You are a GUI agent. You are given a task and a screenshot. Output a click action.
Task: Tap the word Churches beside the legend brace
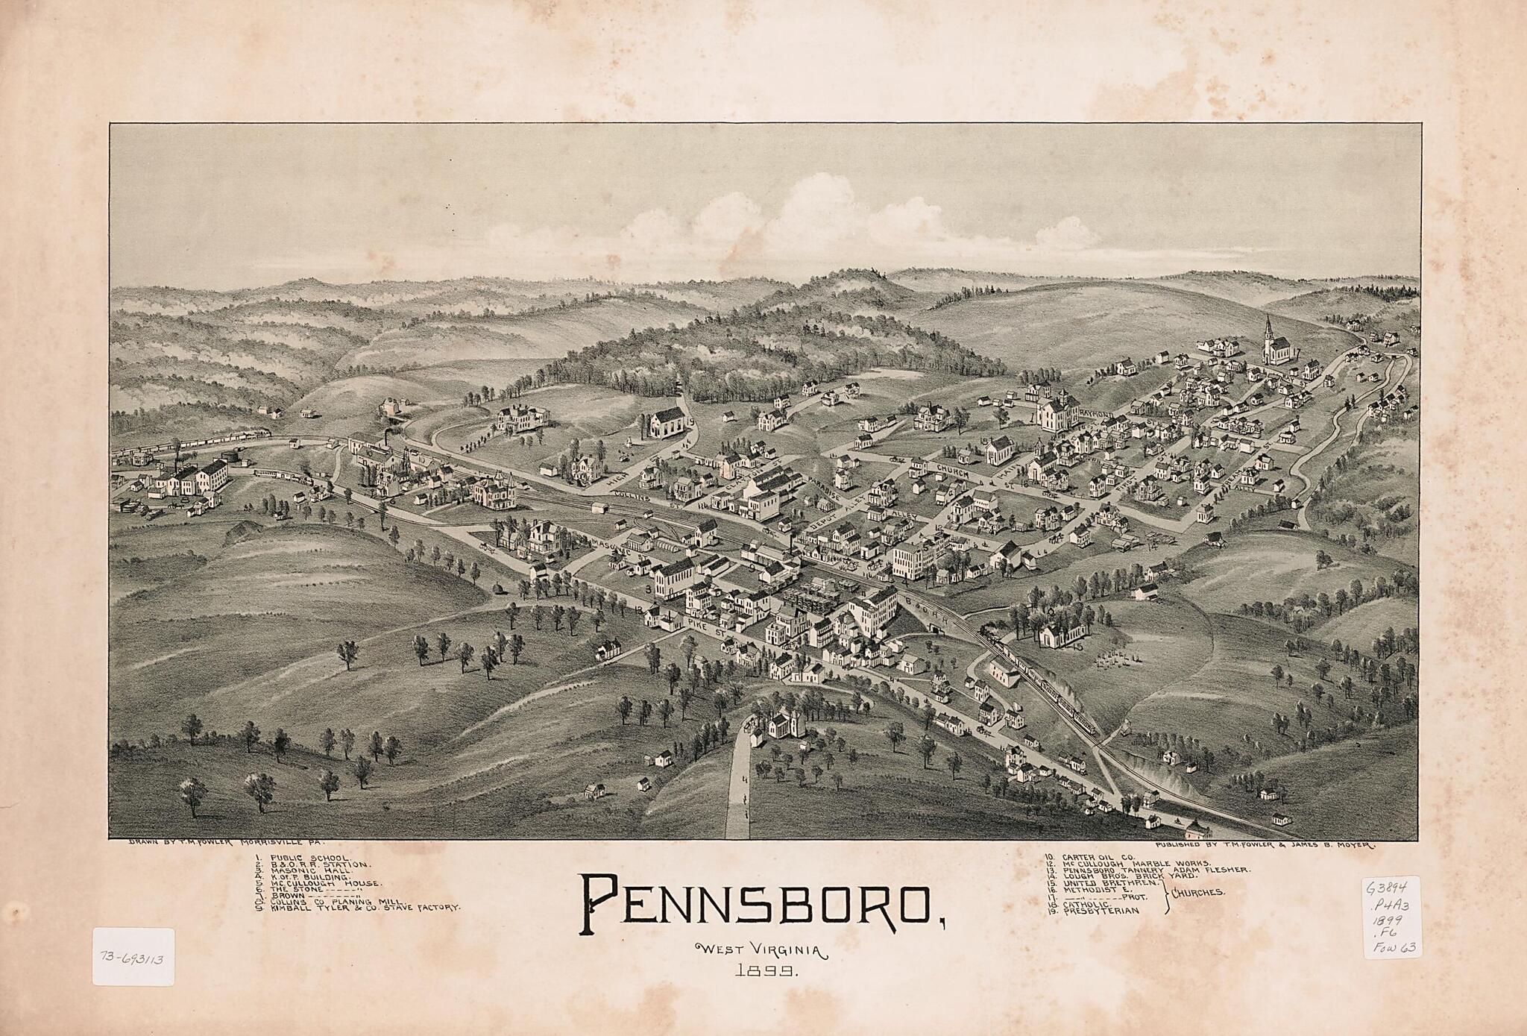pos(1198,893)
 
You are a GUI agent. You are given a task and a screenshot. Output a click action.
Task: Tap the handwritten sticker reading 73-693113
pos(133,957)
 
